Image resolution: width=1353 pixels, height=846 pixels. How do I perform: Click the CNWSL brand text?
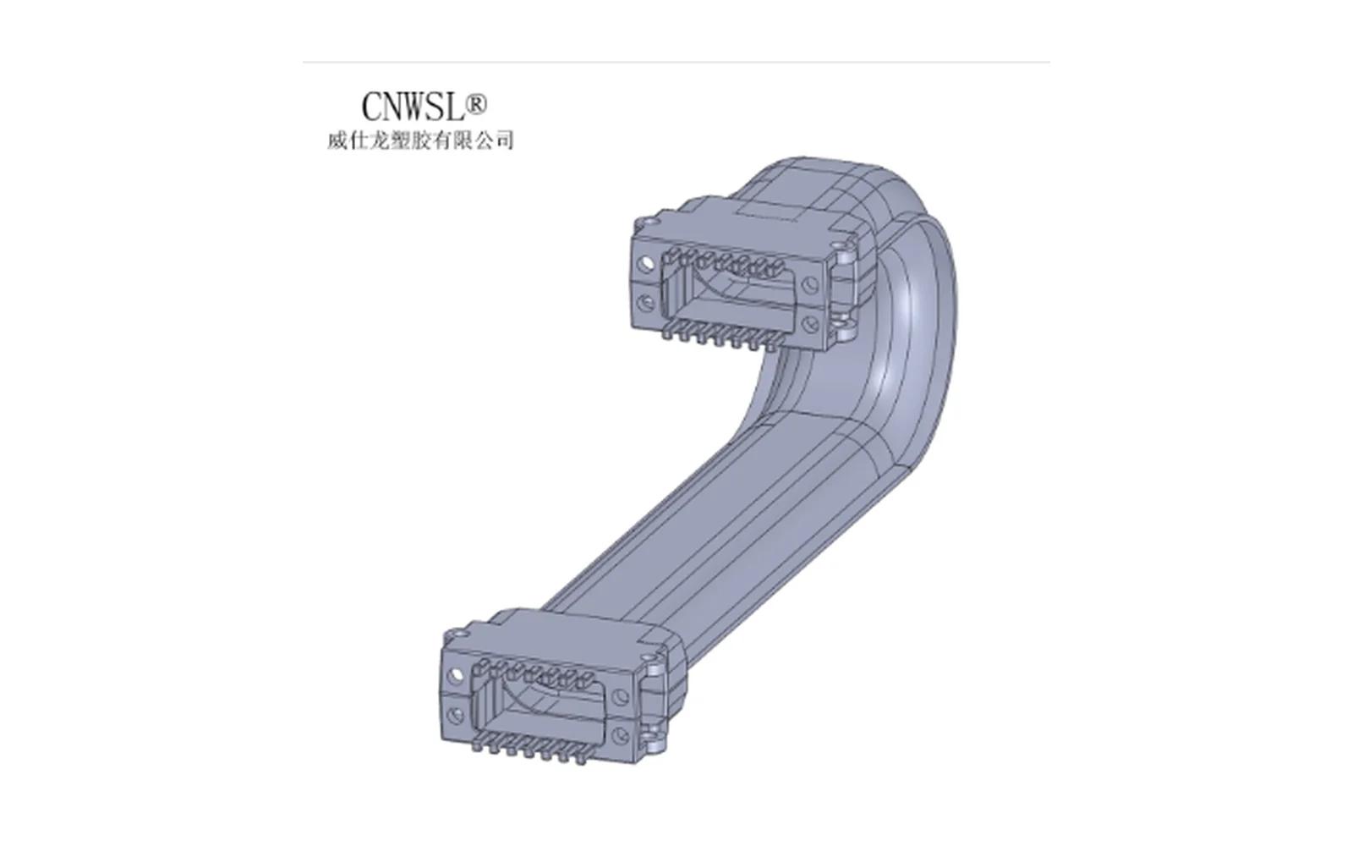[414, 107]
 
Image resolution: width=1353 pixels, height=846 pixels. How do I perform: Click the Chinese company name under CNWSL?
[420, 140]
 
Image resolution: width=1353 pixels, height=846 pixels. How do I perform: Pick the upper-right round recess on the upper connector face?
[808, 284]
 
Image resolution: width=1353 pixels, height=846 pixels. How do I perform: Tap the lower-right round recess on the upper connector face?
[808, 324]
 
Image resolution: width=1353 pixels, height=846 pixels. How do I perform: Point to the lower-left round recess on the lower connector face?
[455, 716]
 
